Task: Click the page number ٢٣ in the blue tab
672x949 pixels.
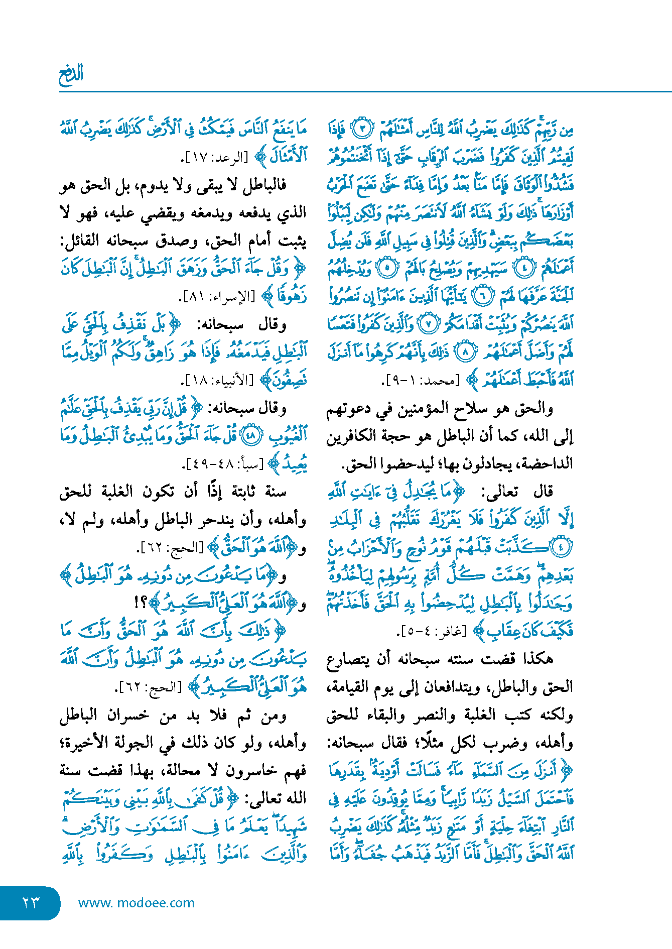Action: coord(31,902)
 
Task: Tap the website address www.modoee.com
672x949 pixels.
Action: coord(136,903)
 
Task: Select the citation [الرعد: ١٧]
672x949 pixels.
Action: coord(215,158)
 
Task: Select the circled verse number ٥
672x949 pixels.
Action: coord(387,268)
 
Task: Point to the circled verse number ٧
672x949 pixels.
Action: coord(428,324)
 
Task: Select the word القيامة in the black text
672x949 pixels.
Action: coord(349,686)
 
